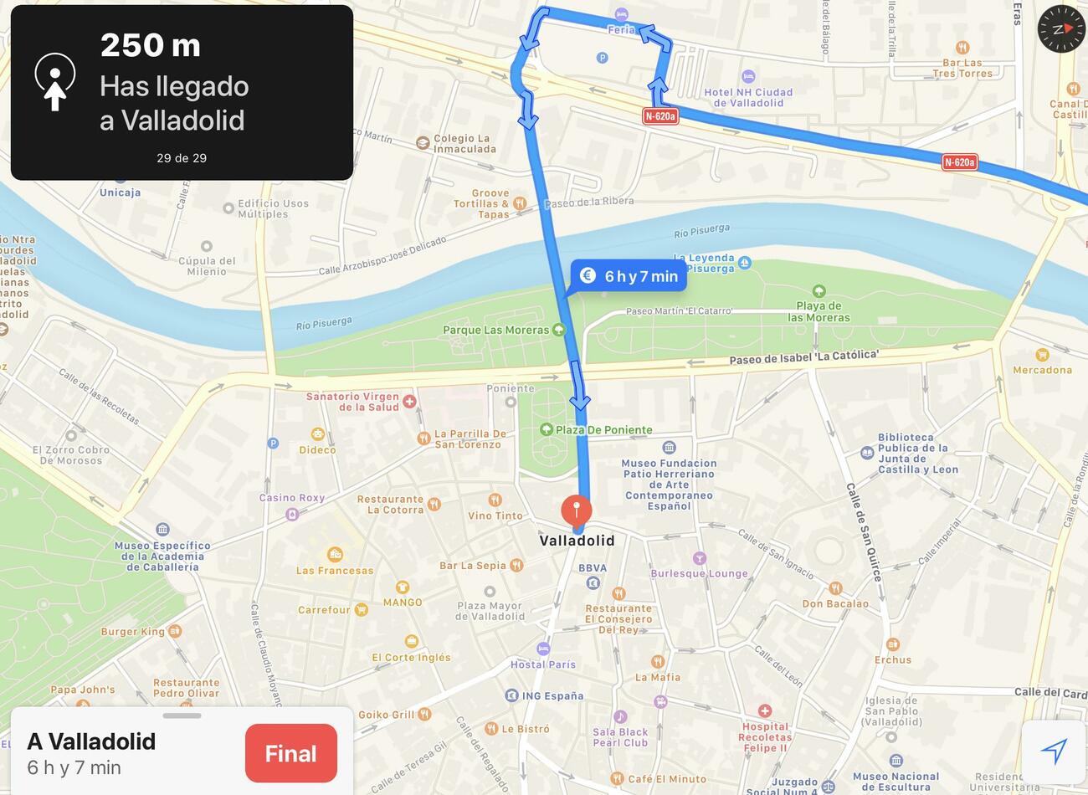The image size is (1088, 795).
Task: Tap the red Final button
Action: coord(290,753)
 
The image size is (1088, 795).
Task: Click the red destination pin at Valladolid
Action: coord(576,510)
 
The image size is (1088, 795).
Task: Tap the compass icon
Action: coord(1060,28)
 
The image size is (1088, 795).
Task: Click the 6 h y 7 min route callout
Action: coord(629,276)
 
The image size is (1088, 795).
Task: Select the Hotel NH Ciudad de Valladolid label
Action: coord(748,97)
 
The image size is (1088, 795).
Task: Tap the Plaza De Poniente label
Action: coord(603,430)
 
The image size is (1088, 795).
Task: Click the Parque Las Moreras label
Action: coord(496,330)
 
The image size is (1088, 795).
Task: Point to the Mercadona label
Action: coord(1042,369)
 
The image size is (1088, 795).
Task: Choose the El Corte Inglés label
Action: coord(411,657)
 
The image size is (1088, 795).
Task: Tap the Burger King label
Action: coord(134,631)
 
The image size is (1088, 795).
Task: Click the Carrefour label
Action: coord(325,610)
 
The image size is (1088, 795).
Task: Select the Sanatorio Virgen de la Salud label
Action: coord(352,402)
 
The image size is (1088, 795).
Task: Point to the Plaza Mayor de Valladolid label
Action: coord(490,611)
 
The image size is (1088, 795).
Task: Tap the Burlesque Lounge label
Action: coord(699,573)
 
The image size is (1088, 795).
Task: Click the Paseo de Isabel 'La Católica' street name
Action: coord(803,357)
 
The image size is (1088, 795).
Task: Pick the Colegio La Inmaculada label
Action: coord(464,144)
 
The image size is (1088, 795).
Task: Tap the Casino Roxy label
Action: coord(291,498)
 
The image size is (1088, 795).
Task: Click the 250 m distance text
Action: coord(151,45)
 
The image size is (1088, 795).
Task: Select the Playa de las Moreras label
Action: coord(819,311)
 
